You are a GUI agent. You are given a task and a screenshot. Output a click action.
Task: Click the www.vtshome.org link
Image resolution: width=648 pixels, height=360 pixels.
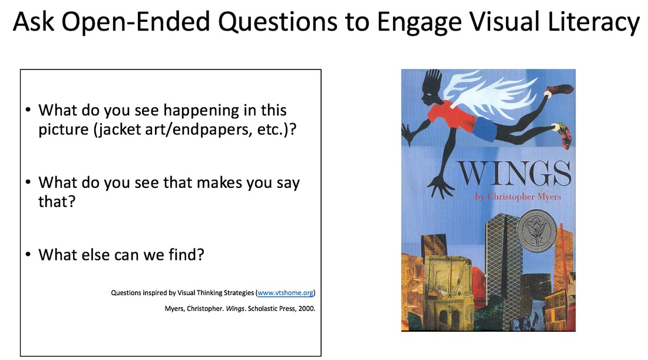click(286, 293)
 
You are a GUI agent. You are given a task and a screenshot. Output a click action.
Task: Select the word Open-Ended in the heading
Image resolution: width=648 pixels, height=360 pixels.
click(136, 22)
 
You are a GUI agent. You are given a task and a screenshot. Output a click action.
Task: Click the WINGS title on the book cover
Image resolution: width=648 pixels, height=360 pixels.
click(514, 174)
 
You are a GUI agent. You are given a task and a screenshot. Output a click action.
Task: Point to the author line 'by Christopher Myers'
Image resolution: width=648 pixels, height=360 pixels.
click(518, 197)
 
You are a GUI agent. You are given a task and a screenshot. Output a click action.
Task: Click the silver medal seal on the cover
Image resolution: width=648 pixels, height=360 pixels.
click(537, 232)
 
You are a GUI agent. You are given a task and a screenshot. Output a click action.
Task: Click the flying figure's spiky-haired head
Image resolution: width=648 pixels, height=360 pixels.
click(430, 90)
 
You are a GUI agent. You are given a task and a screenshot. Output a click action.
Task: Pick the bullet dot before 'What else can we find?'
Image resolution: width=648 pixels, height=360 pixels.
click(28, 254)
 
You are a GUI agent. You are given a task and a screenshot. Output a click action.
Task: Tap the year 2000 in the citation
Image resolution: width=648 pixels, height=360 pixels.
click(307, 308)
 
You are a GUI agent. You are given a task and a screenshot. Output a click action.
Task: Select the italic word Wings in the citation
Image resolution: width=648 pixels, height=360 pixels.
click(235, 308)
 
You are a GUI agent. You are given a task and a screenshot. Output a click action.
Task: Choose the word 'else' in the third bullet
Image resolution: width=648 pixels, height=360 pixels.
click(94, 255)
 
